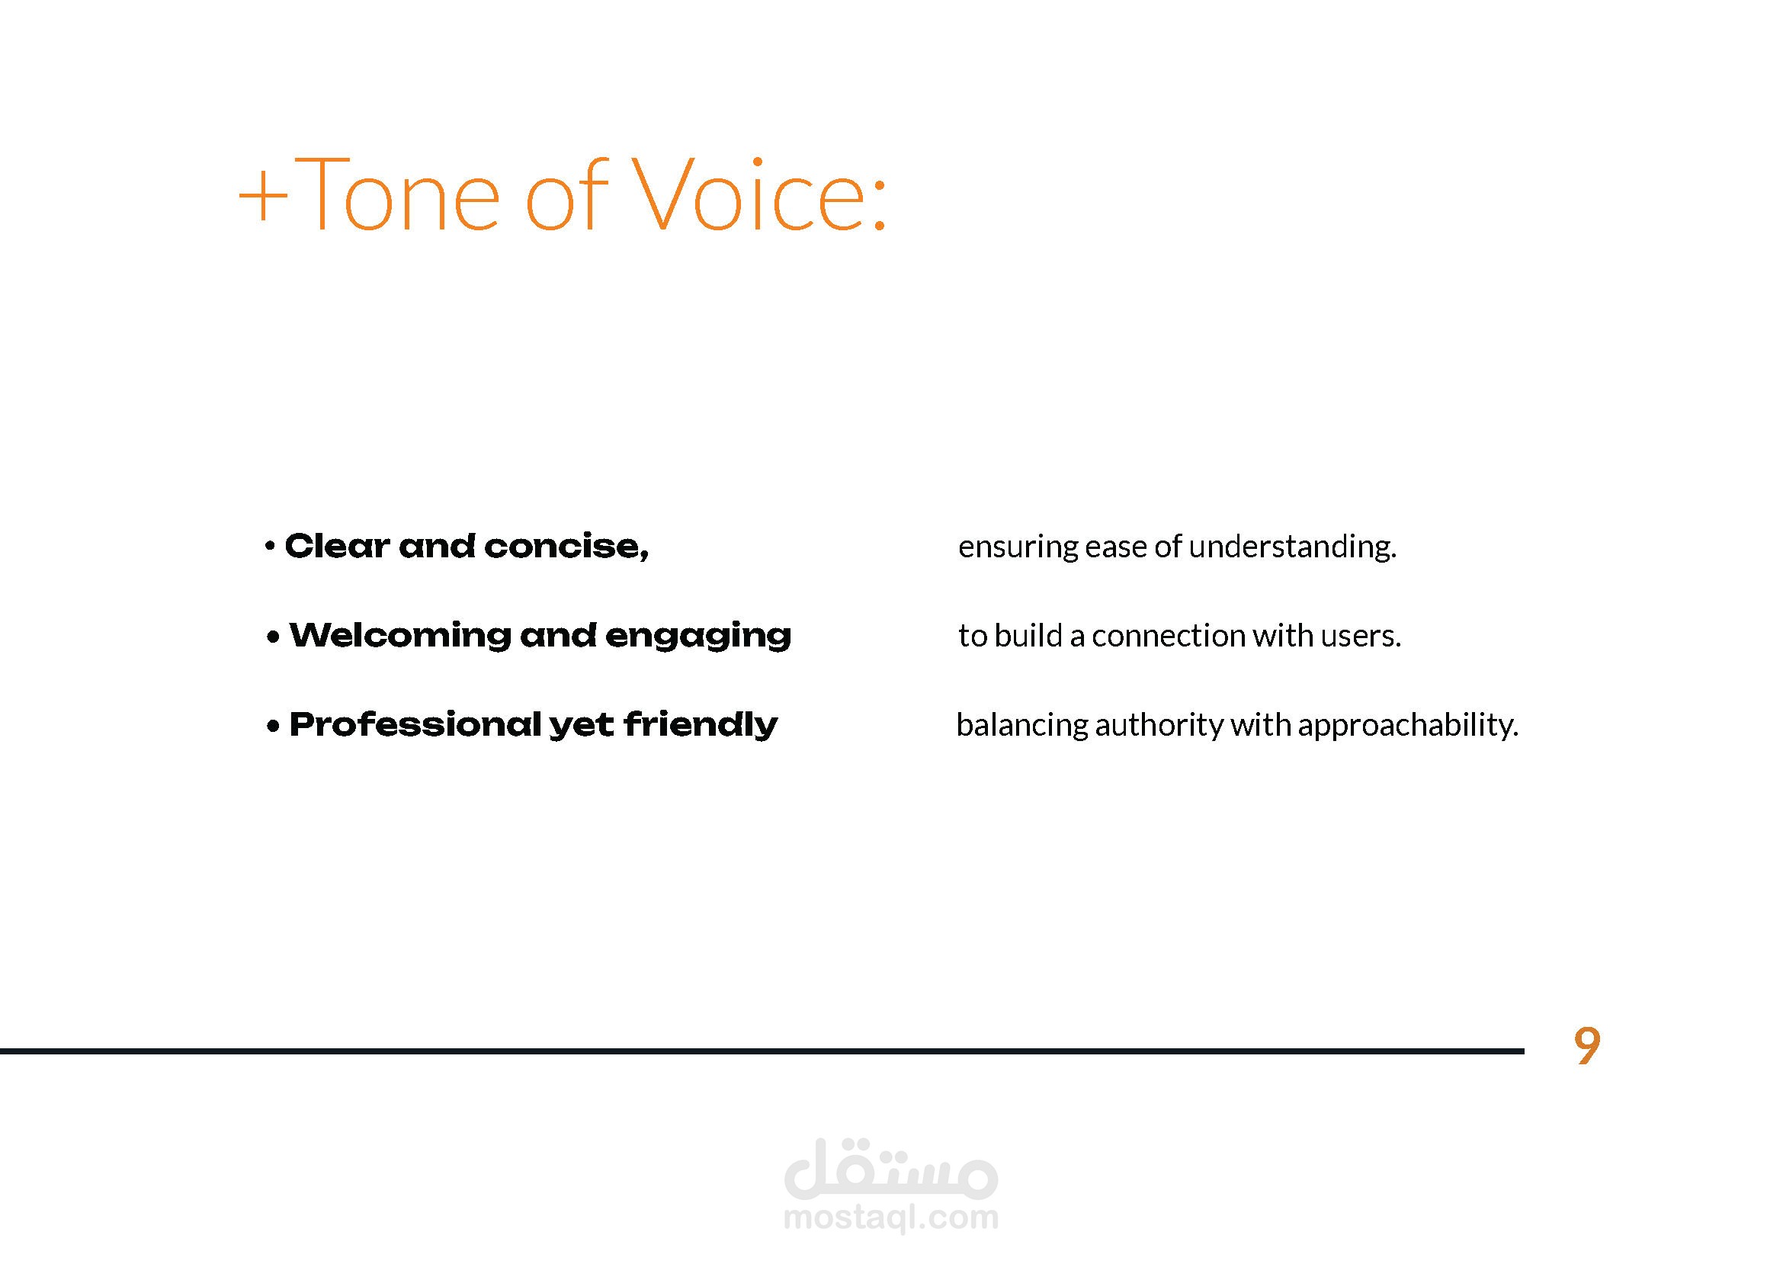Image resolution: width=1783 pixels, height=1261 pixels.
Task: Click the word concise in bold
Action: click(566, 547)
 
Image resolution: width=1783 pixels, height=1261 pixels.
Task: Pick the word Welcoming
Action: click(401, 635)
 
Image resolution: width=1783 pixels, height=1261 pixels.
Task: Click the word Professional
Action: click(415, 724)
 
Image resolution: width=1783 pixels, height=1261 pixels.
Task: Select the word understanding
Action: click(1293, 547)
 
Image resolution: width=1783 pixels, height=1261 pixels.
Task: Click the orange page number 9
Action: click(1587, 1046)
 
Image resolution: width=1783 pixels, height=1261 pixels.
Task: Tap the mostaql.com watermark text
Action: click(890, 1217)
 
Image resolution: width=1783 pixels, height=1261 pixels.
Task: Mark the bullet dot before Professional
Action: click(273, 727)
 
